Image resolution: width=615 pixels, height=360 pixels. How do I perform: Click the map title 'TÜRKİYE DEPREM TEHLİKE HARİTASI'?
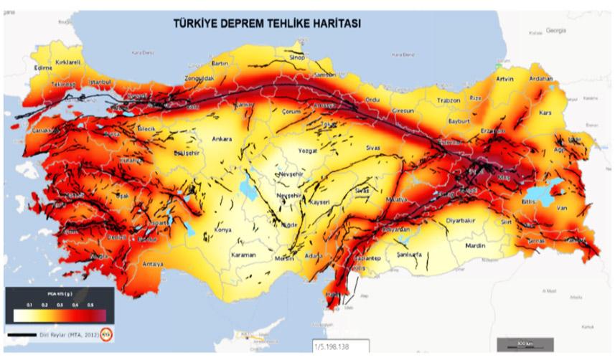click(266, 23)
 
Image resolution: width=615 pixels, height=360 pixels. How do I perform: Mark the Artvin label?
click(504, 79)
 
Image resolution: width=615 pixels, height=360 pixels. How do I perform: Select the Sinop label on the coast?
click(297, 57)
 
